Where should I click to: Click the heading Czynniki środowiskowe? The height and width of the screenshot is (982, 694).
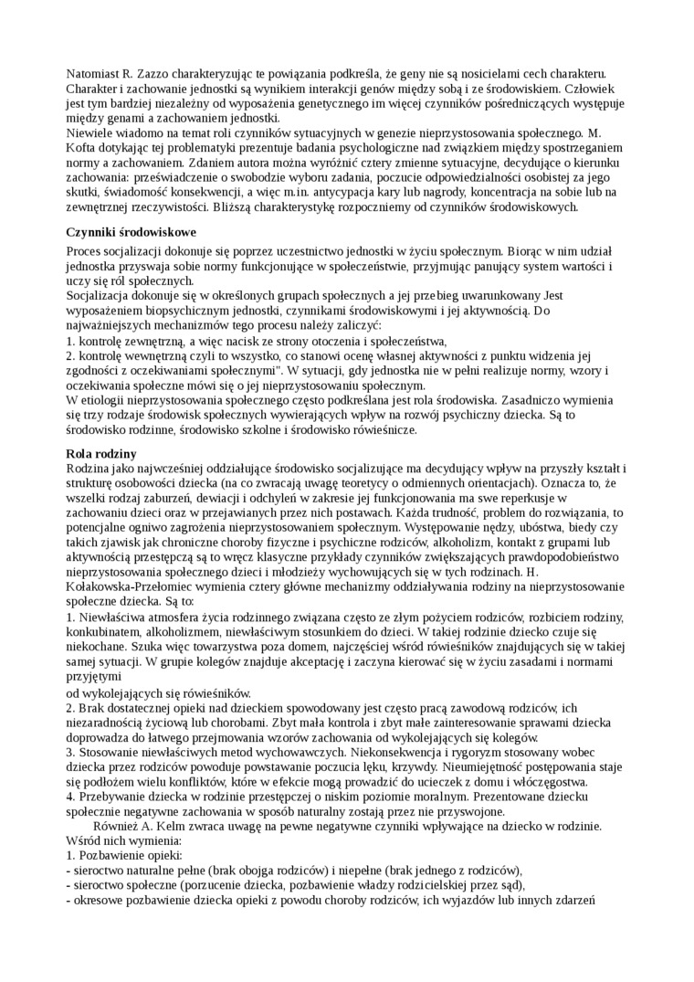[x=132, y=232]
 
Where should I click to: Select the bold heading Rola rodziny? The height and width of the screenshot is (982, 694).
[x=101, y=453]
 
